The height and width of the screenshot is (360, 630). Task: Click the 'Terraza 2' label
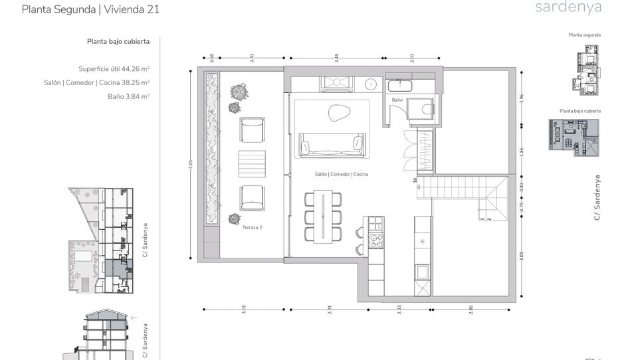(252, 227)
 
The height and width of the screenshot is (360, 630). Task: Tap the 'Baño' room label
(397, 100)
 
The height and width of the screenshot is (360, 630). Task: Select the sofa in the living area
(332, 145)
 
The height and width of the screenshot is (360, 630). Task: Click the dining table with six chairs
(323, 215)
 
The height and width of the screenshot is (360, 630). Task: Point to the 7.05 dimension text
(191, 165)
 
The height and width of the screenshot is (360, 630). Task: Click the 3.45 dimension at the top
(337, 58)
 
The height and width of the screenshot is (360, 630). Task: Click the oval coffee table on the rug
(339, 113)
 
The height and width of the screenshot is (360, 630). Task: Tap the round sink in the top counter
(371, 84)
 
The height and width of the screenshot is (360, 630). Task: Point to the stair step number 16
(414, 180)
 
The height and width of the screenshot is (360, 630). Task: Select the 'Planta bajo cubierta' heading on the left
(118, 41)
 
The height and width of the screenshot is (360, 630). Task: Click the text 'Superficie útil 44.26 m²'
(114, 68)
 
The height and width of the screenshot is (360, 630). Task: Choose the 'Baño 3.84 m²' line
(128, 96)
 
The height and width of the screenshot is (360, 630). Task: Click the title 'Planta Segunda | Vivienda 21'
(90, 9)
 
